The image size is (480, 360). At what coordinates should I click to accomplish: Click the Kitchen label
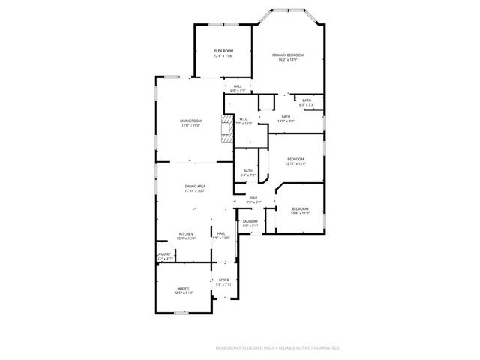[186, 235]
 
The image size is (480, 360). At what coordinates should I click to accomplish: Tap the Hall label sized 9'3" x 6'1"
[253, 199]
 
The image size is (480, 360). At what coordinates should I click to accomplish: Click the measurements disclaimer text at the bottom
[278, 348]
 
